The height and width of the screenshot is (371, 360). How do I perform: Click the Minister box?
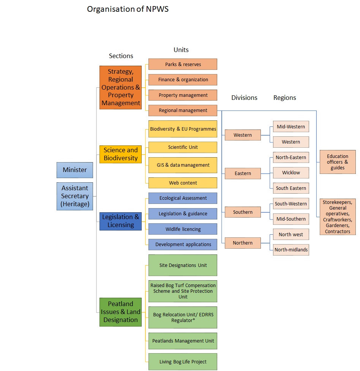(75, 170)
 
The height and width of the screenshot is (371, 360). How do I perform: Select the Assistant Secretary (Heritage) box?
(75, 196)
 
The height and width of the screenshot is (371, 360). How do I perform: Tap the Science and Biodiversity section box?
(121, 154)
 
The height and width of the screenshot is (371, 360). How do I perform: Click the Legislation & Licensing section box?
(121, 221)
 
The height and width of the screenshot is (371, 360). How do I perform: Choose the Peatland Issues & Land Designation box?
(121, 312)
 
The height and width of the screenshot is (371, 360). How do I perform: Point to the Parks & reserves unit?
(183, 64)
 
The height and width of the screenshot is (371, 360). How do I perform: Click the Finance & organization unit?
(183, 80)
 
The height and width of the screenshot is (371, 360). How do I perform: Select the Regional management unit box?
(183, 111)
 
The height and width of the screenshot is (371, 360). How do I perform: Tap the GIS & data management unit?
(183, 165)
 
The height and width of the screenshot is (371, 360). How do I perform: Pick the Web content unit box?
(183, 183)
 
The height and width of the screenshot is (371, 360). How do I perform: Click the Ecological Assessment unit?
(183, 198)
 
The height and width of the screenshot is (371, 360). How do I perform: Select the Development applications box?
(183, 245)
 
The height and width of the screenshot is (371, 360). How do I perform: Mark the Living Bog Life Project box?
(183, 362)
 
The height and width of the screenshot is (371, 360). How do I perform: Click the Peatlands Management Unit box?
(183, 341)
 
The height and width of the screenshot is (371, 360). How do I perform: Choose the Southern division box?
(243, 212)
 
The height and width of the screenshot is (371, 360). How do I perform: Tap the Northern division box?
(243, 243)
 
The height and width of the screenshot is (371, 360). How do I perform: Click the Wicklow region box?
(291, 173)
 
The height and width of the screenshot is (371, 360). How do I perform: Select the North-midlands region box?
(291, 250)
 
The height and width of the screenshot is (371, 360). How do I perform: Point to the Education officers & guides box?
(338, 162)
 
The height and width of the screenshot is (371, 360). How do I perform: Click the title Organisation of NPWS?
(128, 9)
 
